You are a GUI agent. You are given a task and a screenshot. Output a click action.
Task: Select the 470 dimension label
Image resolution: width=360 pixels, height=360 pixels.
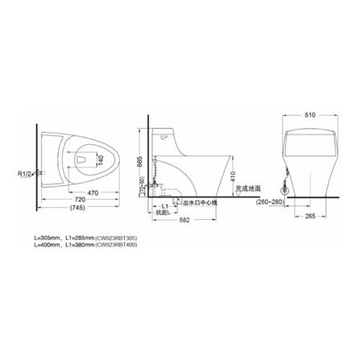tap(93, 193)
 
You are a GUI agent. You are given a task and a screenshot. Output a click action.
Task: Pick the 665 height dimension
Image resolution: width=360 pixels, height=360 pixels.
tap(140, 162)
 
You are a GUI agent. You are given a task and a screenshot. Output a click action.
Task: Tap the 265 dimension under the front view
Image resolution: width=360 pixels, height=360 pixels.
tap(311, 217)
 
